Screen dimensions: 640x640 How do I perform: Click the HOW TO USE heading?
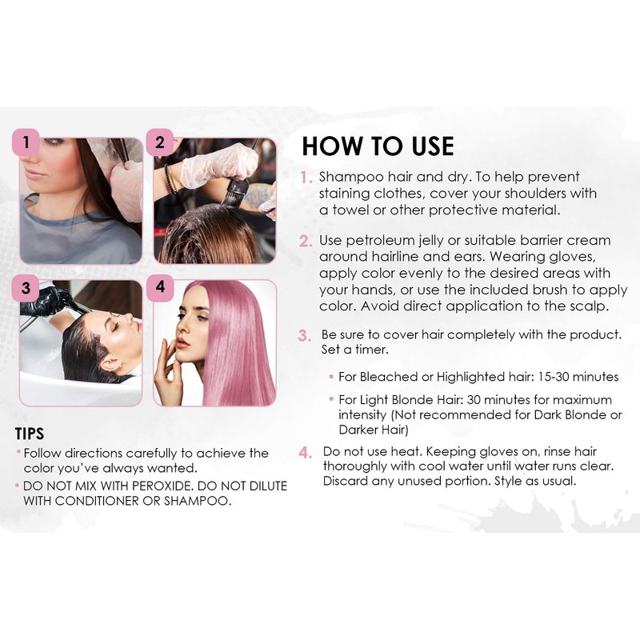click(378, 146)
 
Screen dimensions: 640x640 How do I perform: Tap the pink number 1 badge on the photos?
click(26, 142)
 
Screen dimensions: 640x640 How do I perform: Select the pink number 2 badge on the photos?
click(160, 142)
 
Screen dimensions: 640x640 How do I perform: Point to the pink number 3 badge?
click(26, 288)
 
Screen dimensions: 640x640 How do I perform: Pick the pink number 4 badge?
click(160, 287)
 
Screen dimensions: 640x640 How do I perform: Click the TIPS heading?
click(30, 434)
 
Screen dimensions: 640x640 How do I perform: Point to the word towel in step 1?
click(350, 210)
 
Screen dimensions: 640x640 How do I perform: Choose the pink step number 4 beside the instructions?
click(306, 453)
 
